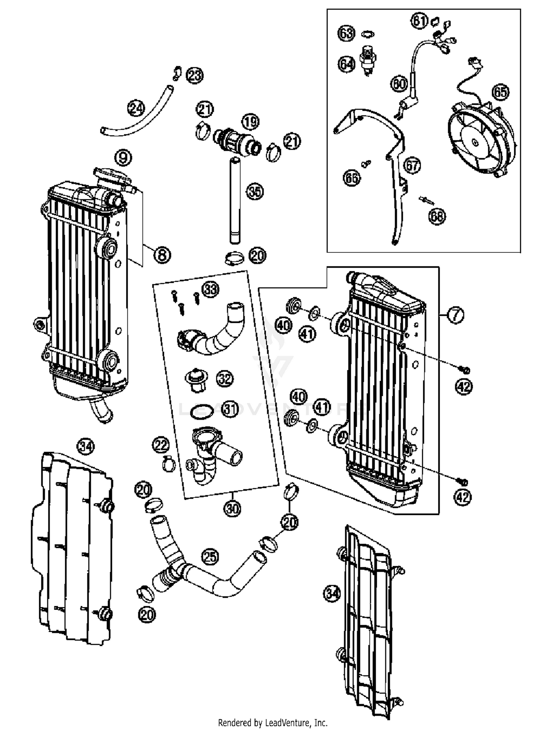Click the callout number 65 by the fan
pyautogui.click(x=500, y=92)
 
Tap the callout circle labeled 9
pyautogui.click(x=123, y=157)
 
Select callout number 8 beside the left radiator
pyautogui.click(x=162, y=254)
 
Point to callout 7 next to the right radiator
pyautogui.click(x=455, y=315)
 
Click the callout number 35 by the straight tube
pyautogui.click(x=255, y=191)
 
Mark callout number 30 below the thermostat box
pyautogui.click(x=232, y=508)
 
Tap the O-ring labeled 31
pyautogui.click(x=202, y=411)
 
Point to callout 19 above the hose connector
pyautogui.click(x=250, y=122)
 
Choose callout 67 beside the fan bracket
pyautogui.click(x=413, y=165)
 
